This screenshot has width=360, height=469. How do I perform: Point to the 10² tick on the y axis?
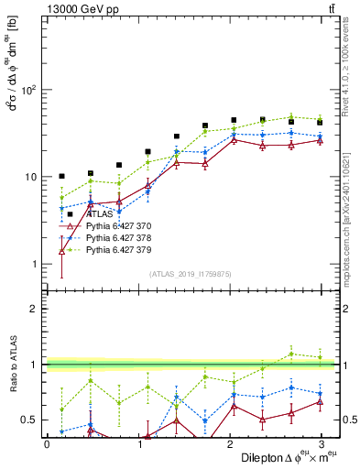tap(28, 90)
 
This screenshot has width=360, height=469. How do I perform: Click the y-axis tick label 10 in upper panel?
tap(30, 177)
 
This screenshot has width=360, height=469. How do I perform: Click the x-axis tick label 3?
tap(322, 443)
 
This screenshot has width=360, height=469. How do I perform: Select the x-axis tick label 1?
tap(138, 443)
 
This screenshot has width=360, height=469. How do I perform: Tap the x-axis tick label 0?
tap(47, 443)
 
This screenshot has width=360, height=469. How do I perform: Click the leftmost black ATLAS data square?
tap(61, 176)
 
